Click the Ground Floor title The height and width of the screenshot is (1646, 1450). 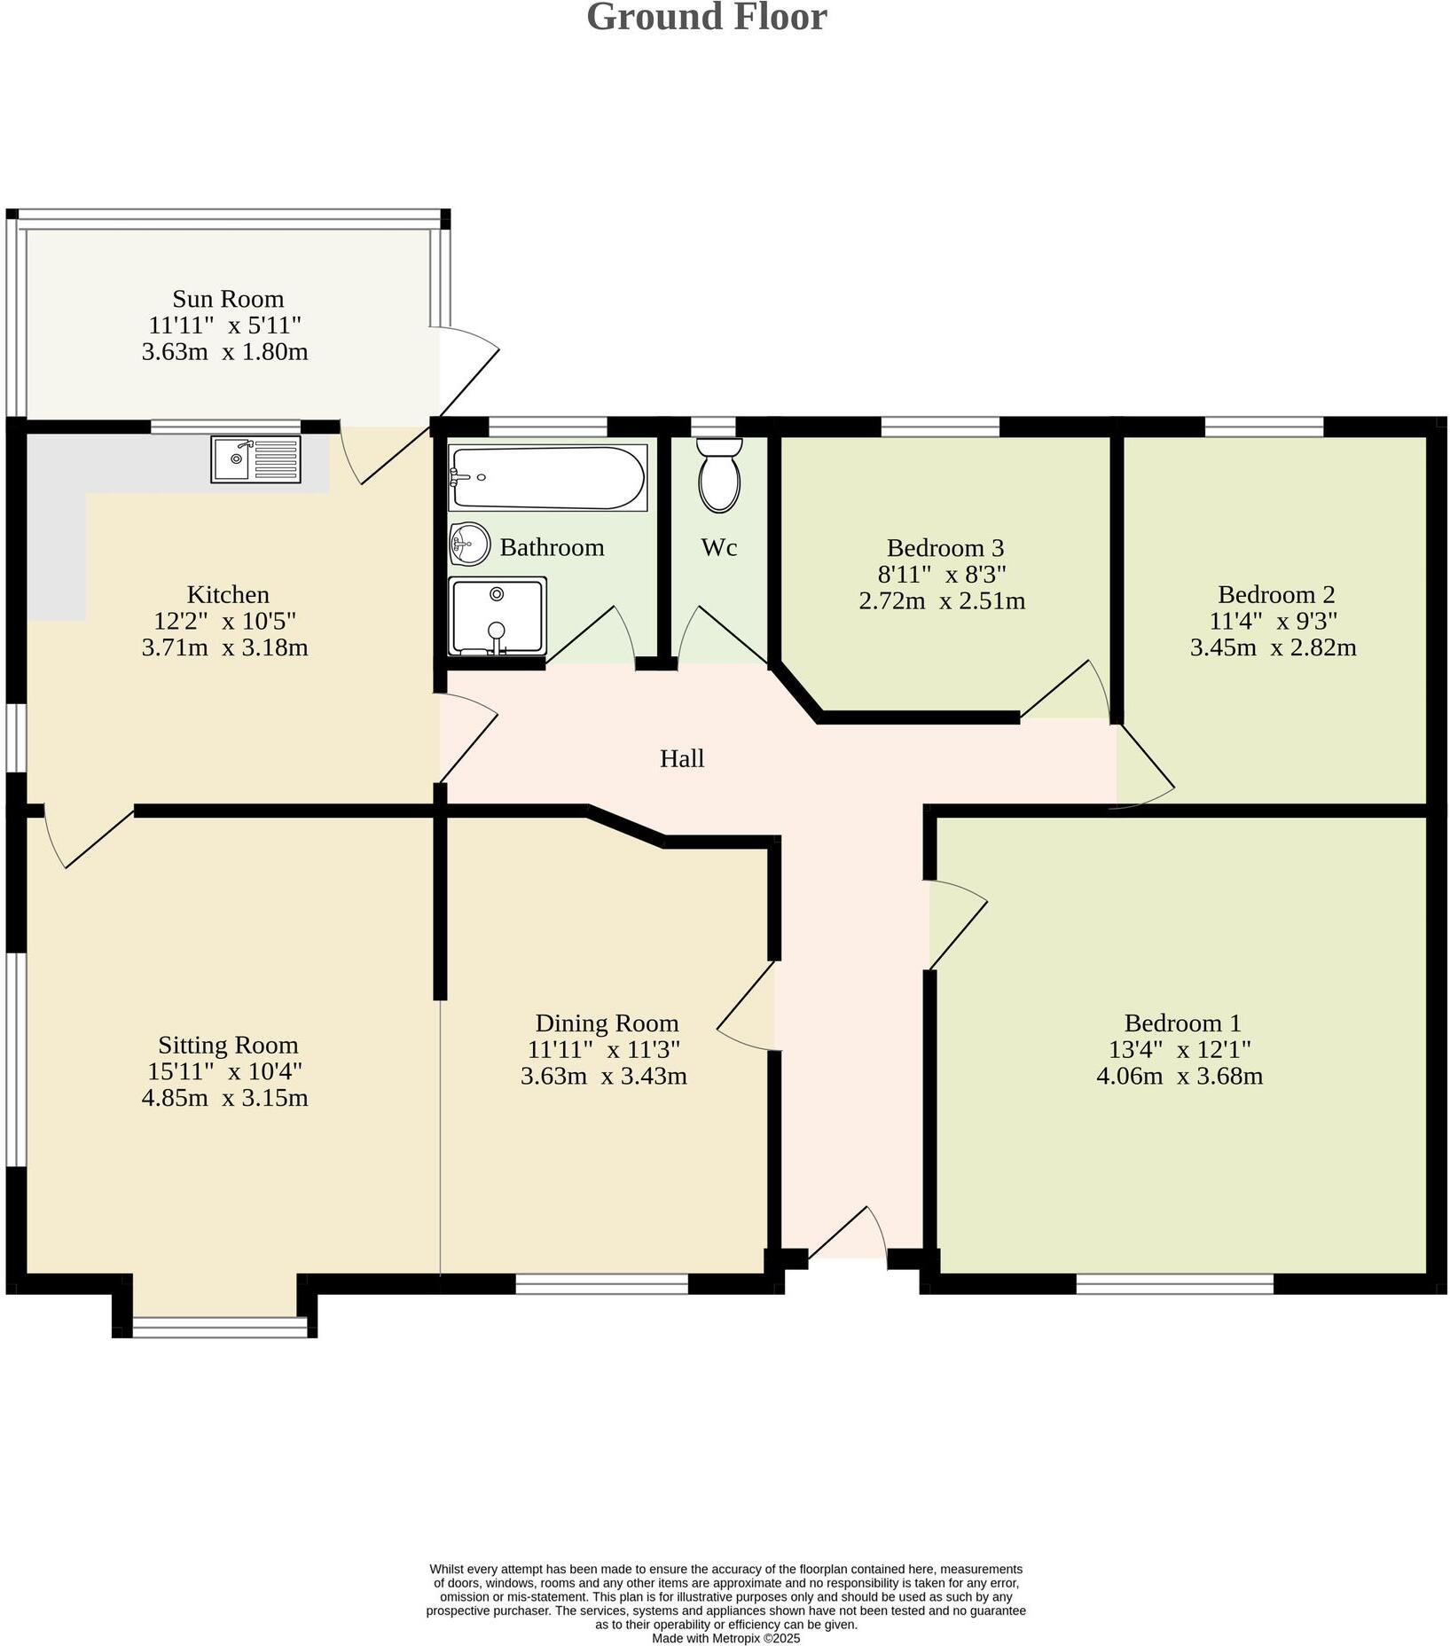707,18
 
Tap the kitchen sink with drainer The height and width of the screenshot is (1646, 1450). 255,459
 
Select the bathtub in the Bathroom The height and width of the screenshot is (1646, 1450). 547,477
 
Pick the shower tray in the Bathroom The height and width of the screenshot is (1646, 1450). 497,615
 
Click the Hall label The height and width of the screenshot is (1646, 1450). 682,758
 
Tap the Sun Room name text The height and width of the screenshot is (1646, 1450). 228,299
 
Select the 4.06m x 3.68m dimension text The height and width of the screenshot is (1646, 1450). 1180,1076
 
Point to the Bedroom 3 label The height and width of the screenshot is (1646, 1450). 944,547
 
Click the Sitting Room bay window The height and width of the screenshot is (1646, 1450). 219,1327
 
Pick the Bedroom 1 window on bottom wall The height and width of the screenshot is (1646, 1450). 1174,1283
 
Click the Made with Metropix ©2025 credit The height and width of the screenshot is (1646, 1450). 725,1638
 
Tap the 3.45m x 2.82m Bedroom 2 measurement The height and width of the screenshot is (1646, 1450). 1273,647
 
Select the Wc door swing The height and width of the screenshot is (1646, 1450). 718,635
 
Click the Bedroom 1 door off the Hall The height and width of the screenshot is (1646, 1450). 956,924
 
